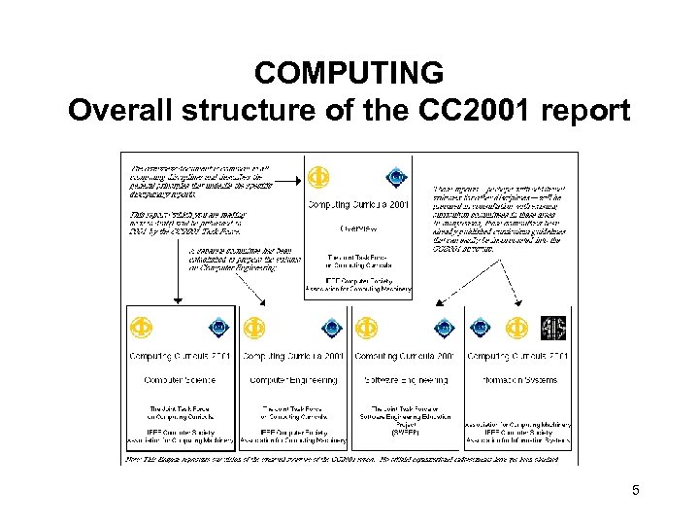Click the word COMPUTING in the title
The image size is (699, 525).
click(349, 73)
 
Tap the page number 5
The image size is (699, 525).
click(635, 492)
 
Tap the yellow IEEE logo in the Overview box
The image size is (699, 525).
click(317, 178)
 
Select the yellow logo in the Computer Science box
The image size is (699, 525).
click(141, 328)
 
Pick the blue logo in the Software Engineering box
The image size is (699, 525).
click(444, 329)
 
